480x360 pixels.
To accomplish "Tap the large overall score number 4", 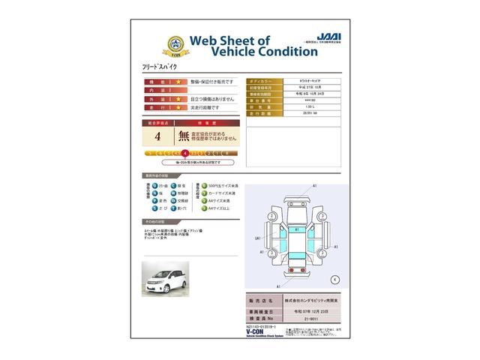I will pyautogui.click(x=157, y=137).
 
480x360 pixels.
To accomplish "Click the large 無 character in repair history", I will pyautogui.click(x=184, y=137).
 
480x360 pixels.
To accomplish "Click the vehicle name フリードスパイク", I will pyautogui.click(x=160, y=67).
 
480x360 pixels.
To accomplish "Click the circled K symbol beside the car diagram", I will pyautogui.click(x=334, y=279).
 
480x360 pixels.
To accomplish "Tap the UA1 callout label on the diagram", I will pyautogui.click(x=257, y=238).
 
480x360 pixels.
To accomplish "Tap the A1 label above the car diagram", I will pyautogui.click(x=314, y=184).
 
